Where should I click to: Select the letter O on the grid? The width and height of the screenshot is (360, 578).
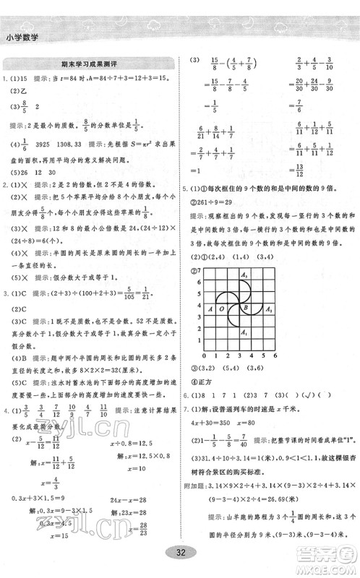(220, 309)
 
